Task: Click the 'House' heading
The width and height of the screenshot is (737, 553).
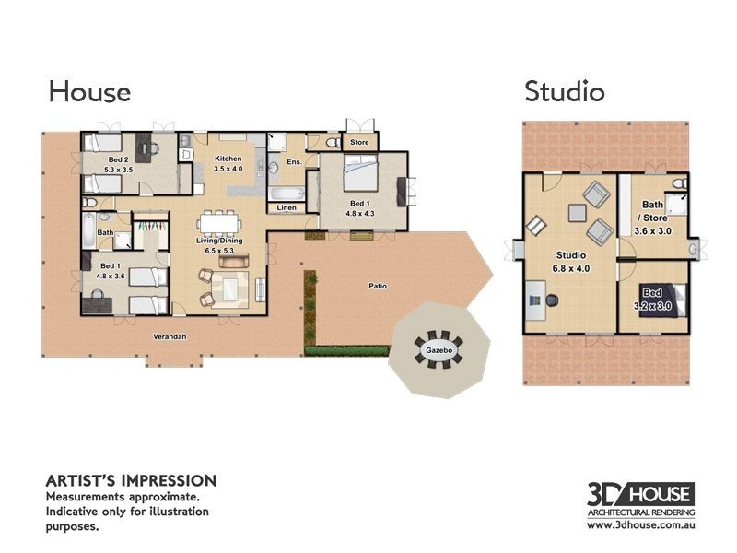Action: click(x=89, y=91)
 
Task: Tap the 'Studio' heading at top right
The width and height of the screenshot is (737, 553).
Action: click(x=565, y=91)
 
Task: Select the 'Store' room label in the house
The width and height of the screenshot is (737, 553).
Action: click(x=359, y=142)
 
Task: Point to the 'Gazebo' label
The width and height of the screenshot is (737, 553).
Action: click(x=439, y=350)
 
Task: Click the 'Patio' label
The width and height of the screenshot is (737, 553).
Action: click(x=378, y=286)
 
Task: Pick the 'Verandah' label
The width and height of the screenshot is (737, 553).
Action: click(x=170, y=336)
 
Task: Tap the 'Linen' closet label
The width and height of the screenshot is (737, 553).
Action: click(x=287, y=207)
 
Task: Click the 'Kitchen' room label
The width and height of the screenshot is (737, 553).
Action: click(x=228, y=159)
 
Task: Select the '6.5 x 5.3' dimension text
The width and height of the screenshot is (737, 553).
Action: click(x=219, y=251)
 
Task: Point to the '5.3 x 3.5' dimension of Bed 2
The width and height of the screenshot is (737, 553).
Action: click(x=119, y=170)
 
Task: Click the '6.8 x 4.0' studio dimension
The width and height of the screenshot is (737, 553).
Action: click(x=571, y=268)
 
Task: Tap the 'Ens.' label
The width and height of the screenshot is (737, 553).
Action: click(x=294, y=162)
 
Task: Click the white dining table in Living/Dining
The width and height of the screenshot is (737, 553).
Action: click(x=219, y=223)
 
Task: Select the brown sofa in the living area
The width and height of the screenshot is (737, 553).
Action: click(x=234, y=261)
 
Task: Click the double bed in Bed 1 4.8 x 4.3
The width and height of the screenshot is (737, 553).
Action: click(x=360, y=173)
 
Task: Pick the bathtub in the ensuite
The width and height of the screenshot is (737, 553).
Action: click(x=287, y=194)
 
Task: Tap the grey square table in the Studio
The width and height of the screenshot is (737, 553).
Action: click(x=578, y=213)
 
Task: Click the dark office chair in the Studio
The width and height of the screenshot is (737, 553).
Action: click(x=552, y=300)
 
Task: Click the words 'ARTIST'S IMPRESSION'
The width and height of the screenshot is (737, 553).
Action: click(x=131, y=481)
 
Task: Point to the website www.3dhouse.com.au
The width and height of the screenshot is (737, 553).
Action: click(x=641, y=524)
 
